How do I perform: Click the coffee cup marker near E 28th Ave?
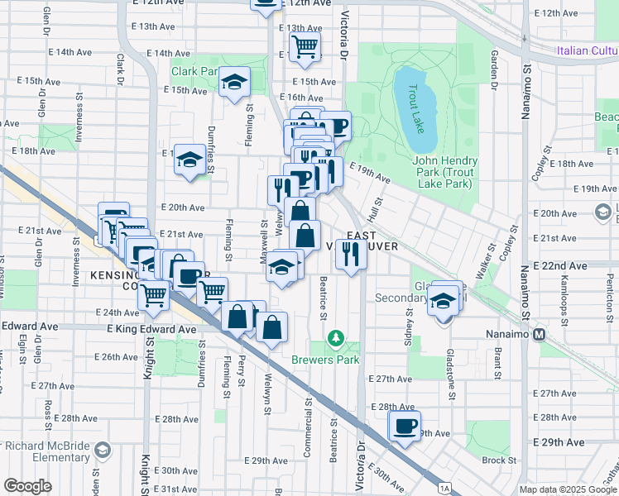coord(405,427)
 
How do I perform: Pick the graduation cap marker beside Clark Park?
coord(235,83)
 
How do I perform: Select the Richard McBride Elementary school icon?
coord(103,450)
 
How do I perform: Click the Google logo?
coord(27,486)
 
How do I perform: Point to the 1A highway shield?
coord(445,489)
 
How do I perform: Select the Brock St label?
coord(499,460)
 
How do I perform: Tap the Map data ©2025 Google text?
coord(567,489)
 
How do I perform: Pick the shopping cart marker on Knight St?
coord(154,294)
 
